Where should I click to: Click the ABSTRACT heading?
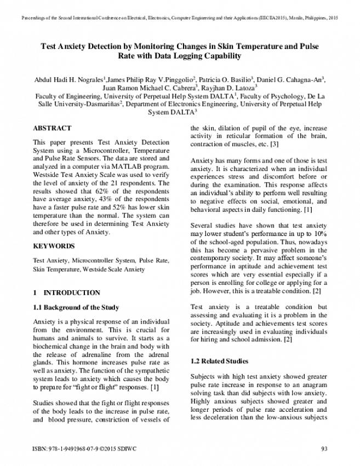(x=52, y=128)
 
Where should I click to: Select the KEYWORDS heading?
(x=54, y=246)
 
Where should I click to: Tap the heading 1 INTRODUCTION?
(x=66, y=293)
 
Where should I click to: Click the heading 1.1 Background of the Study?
(x=76, y=308)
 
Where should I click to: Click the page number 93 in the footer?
(x=323, y=450)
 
